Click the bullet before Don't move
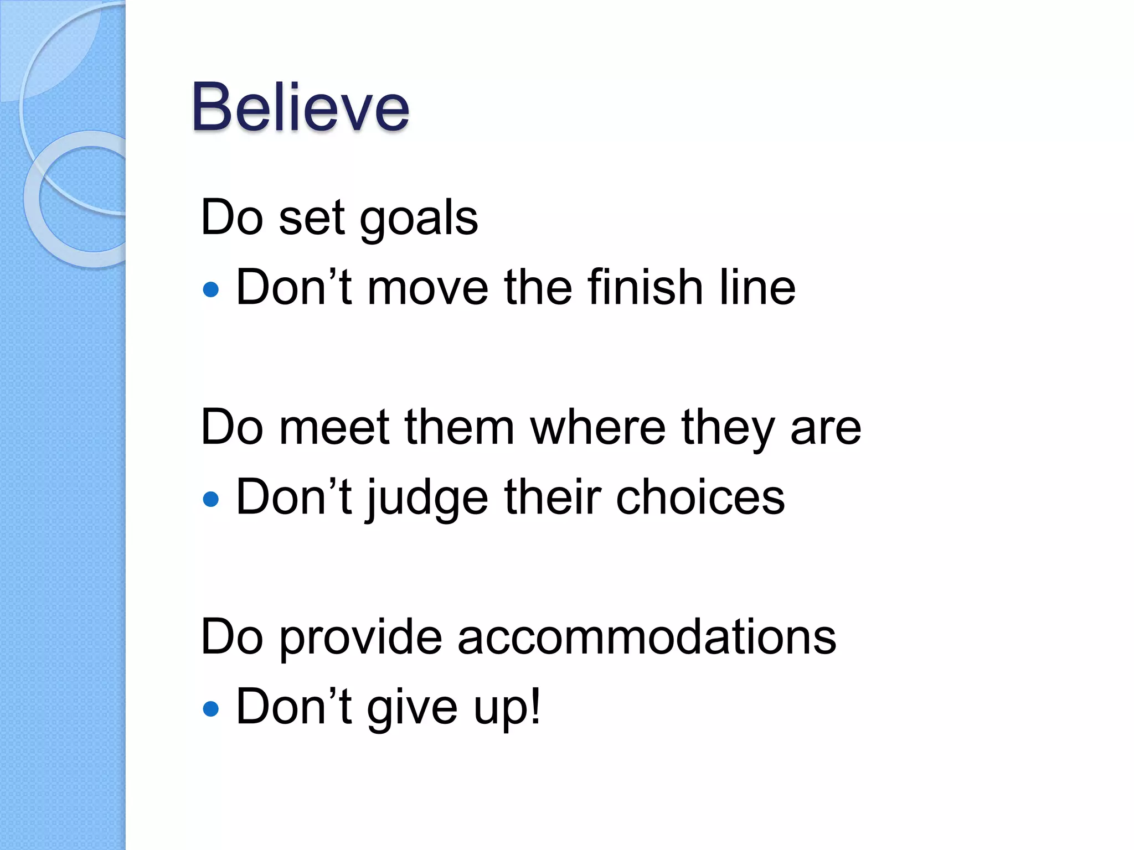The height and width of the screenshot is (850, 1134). click(x=211, y=289)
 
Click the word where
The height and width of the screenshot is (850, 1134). click(x=597, y=428)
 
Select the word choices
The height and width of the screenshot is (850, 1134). click(x=700, y=497)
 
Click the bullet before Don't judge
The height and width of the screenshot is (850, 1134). click(x=211, y=500)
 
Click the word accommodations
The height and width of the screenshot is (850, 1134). click(x=646, y=637)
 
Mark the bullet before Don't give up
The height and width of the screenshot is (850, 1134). click(x=211, y=709)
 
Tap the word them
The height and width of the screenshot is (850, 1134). click(x=459, y=428)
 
